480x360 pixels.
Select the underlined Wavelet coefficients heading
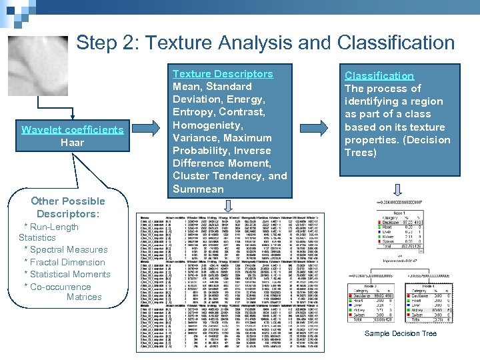72,129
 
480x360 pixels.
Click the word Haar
72,143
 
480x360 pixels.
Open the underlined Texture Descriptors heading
223,74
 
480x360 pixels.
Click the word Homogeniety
207,125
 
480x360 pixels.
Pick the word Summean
198,189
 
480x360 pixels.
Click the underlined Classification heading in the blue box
379,76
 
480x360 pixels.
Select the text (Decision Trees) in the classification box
397,146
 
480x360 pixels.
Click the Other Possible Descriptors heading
68,207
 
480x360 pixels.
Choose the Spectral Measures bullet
65,250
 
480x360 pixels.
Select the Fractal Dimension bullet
64,262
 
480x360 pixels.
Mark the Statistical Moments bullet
67,274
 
